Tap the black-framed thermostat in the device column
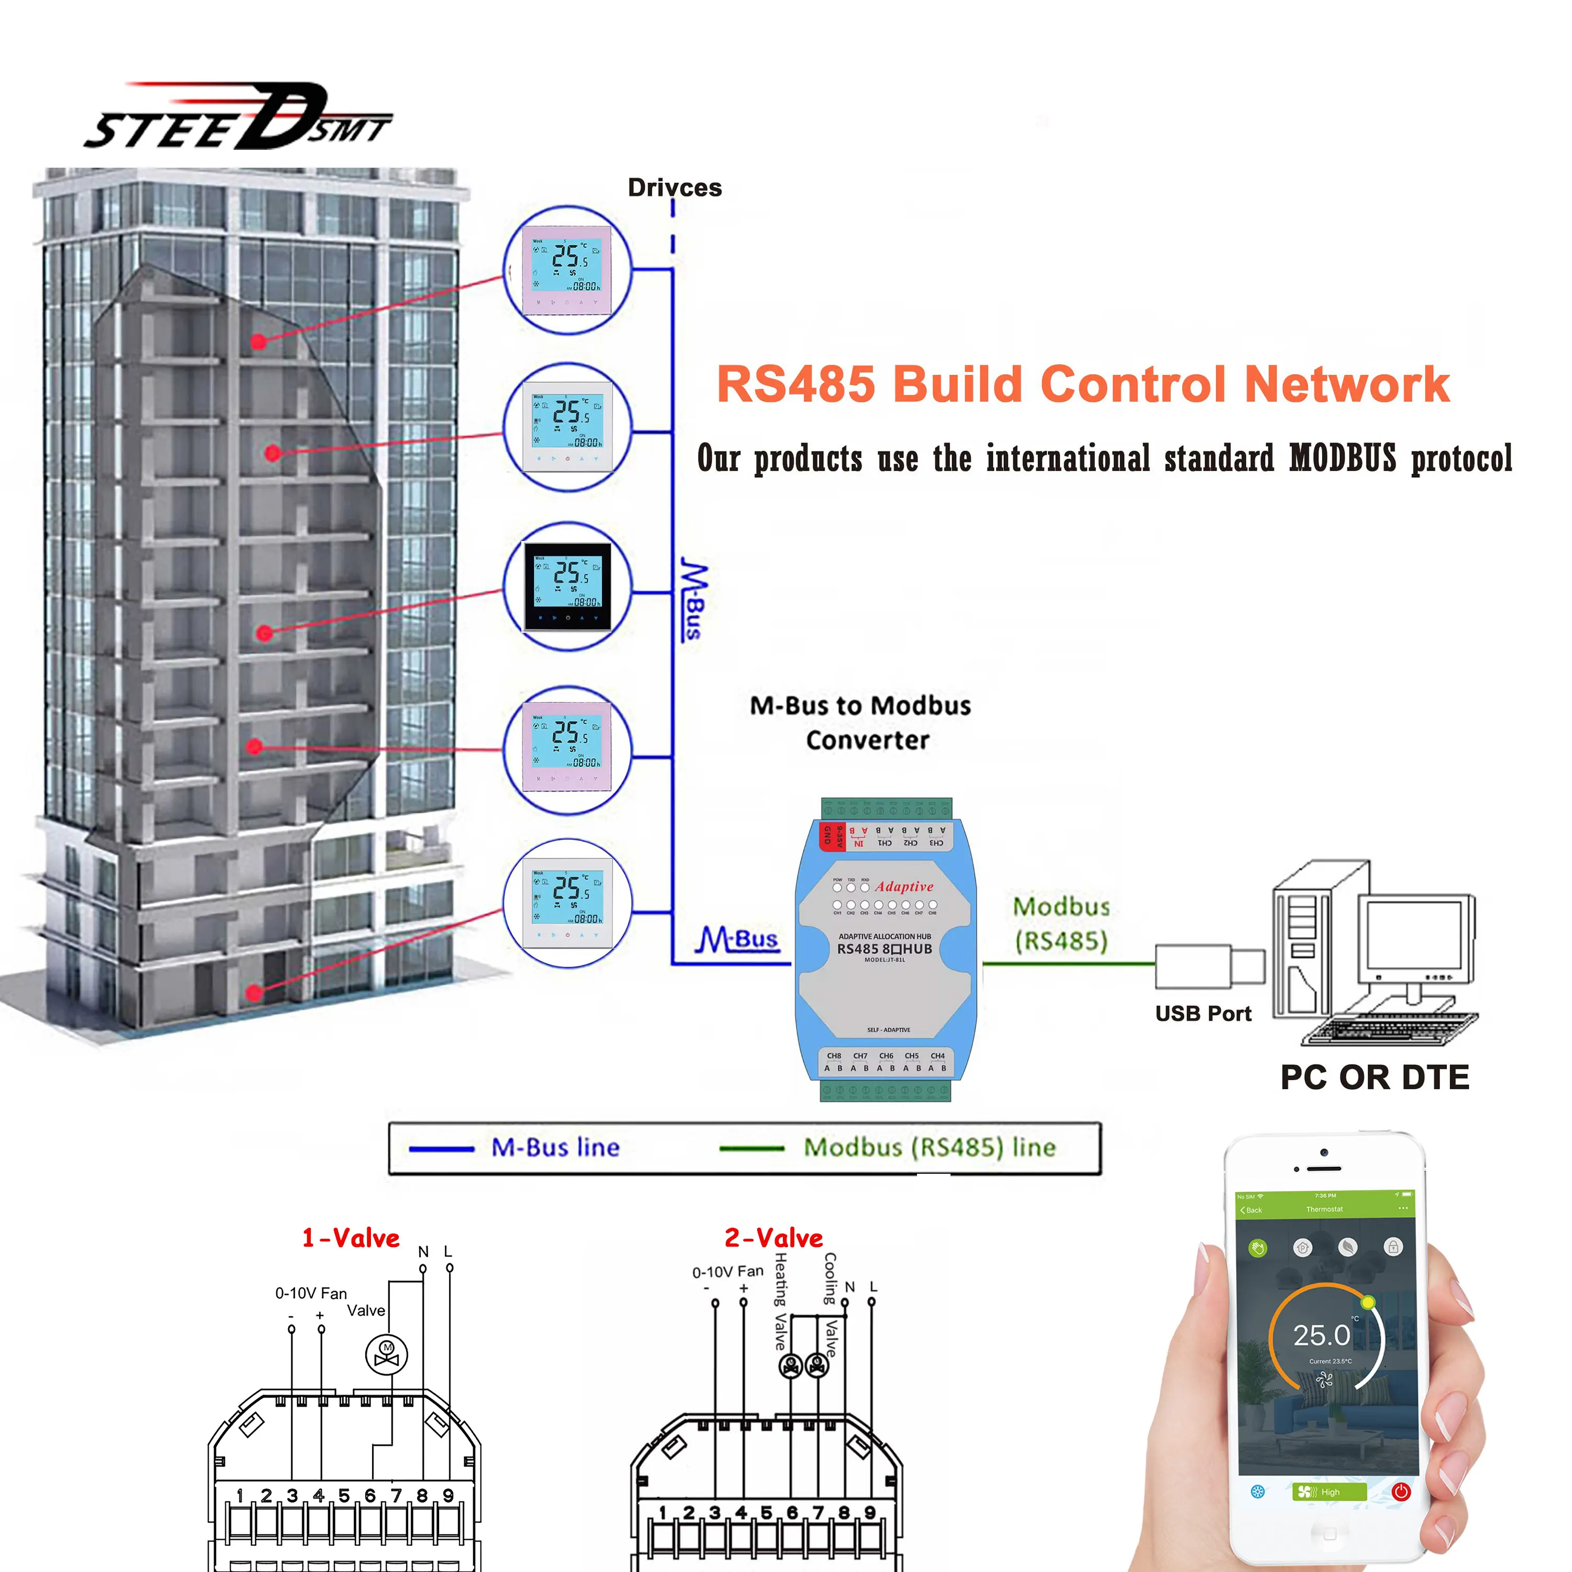pos(567,586)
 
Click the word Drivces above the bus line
pos(674,188)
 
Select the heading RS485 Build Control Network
pos(1082,384)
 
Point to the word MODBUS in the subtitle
pos(1342,458)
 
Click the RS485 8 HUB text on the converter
pos(885,949)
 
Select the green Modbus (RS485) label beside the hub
pos(1061,923)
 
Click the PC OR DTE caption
pos(1374,1077)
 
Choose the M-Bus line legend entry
pos(555,1147)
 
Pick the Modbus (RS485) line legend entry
pos(929,1147)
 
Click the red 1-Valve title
pos(351,1238)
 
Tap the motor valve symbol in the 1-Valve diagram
pos(387,1355)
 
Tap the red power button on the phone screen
pos(1400,1491)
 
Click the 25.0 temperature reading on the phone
pos(1322,1335)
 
